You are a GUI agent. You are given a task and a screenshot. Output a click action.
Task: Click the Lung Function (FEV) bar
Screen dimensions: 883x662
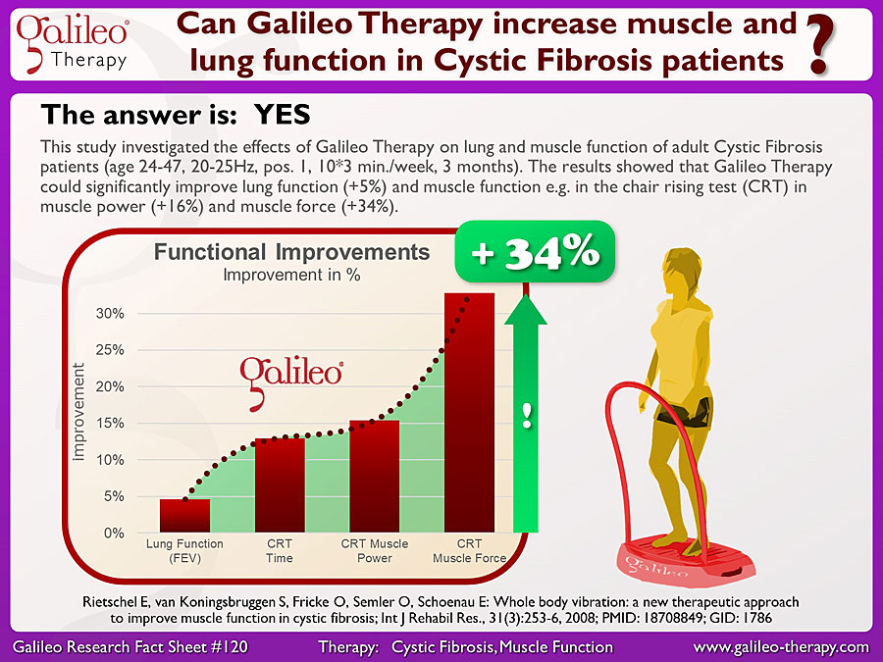184,515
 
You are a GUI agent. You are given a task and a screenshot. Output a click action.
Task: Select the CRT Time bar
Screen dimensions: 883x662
280,485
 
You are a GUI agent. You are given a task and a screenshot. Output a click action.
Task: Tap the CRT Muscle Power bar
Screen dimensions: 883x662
375,477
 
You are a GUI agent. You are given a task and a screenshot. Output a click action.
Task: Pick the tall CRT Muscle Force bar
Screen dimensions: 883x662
470,413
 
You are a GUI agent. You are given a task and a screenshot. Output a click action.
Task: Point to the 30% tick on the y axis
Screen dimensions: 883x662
110,314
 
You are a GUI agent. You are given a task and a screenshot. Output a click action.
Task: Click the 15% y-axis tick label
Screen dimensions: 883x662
110,424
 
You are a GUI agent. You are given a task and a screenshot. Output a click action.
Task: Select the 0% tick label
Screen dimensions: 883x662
114,534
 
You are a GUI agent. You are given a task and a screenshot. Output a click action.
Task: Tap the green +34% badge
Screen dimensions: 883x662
535,252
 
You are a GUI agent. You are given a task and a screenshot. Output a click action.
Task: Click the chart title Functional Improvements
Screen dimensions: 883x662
291,252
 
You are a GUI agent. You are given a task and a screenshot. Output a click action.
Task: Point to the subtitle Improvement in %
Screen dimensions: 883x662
291,275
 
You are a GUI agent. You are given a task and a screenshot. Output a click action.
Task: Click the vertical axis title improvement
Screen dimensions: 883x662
78,412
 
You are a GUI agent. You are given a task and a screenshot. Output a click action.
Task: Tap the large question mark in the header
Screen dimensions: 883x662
820,45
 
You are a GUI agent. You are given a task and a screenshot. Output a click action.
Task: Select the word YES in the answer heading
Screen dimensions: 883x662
283,115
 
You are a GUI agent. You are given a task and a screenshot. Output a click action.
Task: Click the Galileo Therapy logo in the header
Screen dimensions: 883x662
72,44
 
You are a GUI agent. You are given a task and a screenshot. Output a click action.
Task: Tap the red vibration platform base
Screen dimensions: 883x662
687,560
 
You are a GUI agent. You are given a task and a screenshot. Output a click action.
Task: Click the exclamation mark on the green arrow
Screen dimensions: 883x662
527,416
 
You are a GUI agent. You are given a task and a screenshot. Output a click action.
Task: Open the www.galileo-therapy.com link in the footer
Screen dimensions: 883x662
781,647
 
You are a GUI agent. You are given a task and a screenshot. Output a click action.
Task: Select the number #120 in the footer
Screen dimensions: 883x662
229,647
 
